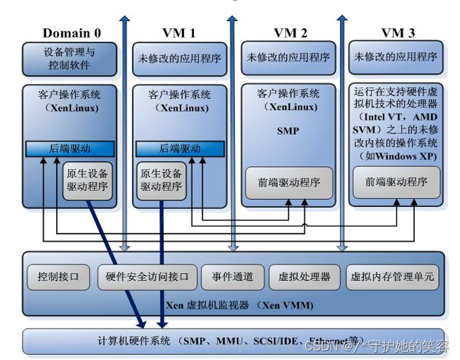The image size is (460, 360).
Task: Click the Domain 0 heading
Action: click(72, 33)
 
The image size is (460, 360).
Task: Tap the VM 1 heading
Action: click(179, 33)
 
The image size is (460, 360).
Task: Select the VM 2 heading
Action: click(290, 33)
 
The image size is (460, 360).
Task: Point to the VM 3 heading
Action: click(398, 33)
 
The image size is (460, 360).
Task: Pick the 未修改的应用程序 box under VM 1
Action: click(179, 59)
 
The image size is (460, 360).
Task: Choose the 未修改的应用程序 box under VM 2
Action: click(289, 58)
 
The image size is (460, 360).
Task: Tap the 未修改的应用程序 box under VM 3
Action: click(396, 58)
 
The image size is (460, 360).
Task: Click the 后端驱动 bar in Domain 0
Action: click(68, 148)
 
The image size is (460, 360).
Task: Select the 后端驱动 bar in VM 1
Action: click(179, 148)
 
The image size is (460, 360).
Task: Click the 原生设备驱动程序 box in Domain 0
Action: click(86, 181)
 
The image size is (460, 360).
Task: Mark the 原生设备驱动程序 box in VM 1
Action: click(161, 181)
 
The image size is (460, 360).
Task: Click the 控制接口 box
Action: click(59, 276)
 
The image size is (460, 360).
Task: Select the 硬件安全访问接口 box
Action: click(147, 276)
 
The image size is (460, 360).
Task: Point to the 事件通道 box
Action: click(231, 276)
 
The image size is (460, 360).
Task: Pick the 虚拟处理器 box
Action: click(304, 276)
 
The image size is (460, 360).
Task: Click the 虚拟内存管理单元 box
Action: click(392, 276)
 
